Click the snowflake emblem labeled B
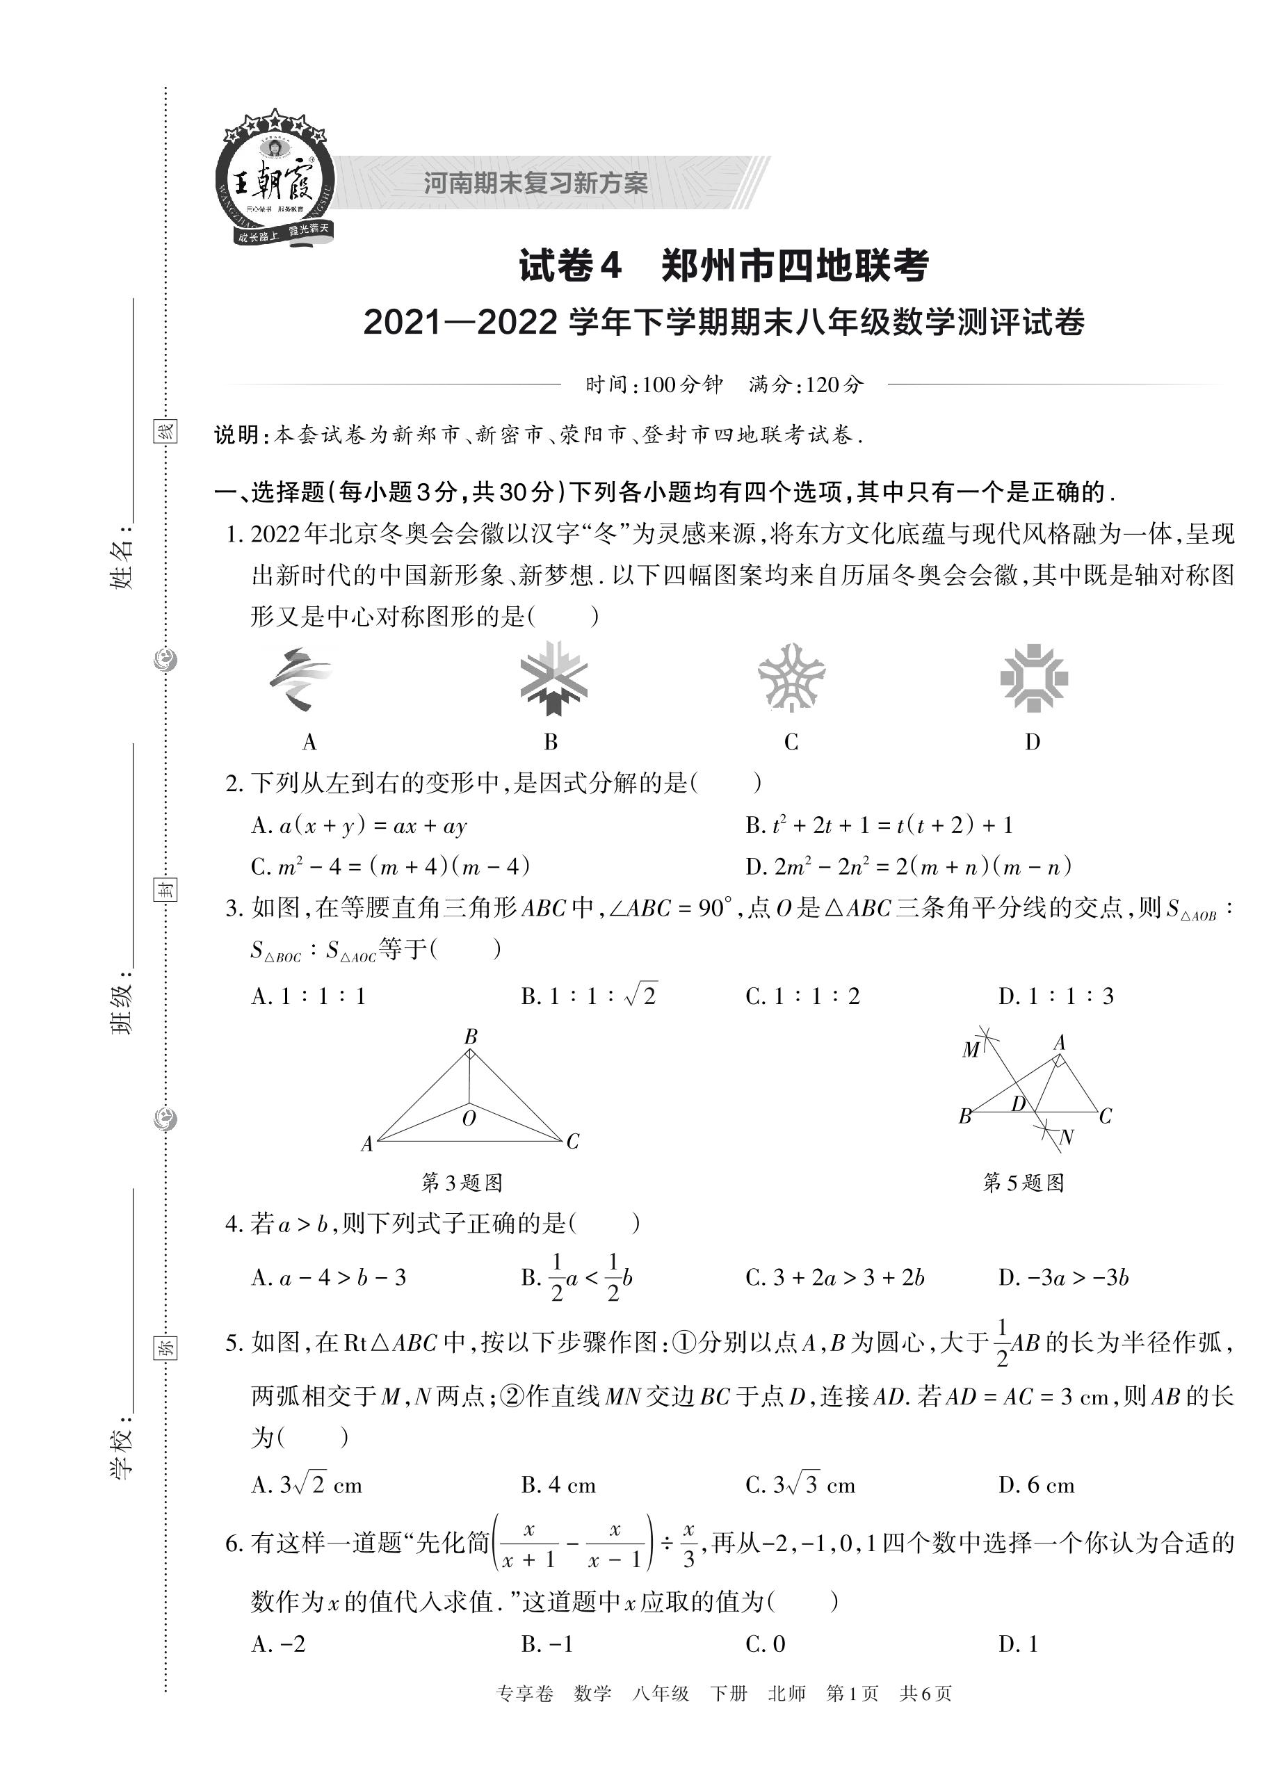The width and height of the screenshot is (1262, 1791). pos(553,678)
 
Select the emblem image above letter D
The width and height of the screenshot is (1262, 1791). pos(1033,677)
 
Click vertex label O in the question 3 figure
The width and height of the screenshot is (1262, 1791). pos(469,1119)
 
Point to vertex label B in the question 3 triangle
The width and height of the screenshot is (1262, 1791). pos(470,1037)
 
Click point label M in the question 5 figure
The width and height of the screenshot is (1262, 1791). pos(970,1050)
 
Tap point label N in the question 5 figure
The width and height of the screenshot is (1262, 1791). pos(1067,1137)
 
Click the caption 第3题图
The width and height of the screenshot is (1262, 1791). pos(462,1183)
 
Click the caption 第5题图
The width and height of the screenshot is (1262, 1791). pos(1024,1183)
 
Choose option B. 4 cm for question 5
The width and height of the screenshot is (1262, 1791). pos(558,1484)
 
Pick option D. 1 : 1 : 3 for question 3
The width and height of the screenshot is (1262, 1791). pos(1056,996)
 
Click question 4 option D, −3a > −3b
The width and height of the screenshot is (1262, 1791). pos(1063,1277)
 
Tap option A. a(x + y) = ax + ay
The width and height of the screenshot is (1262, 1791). pos(359,825)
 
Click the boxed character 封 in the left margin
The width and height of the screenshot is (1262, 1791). pos(165,889)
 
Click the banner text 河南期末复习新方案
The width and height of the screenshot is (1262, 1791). pos(536,184)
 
